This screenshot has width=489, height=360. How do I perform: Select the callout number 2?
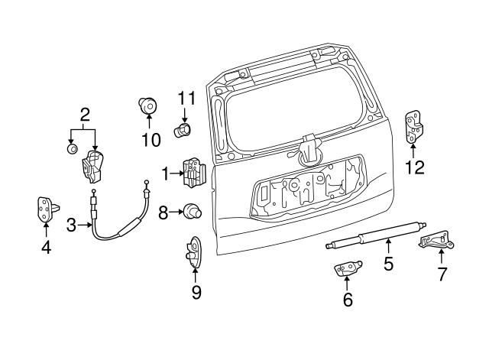click(x=85, y=115)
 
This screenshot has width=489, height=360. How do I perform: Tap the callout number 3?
click(x=71, y=225)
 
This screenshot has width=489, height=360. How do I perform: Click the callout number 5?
click(x=388, y=264)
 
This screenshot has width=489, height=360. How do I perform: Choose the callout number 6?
click(x=348, y=300)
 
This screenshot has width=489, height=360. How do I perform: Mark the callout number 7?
click(x=441, y=273)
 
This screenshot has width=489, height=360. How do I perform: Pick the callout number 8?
click(x=163, y=212)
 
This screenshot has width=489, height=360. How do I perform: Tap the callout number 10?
click(x=151, y=139)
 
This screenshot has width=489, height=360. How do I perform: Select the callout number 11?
click(x=187, y=98)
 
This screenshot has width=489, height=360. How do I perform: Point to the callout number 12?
click(x=414, y=167)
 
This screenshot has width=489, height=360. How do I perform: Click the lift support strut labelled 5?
click(x=374, y=233)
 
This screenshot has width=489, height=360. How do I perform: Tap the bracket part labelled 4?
click(x=45, y=207)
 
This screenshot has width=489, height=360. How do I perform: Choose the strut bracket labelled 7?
click(x=437, y=241)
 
